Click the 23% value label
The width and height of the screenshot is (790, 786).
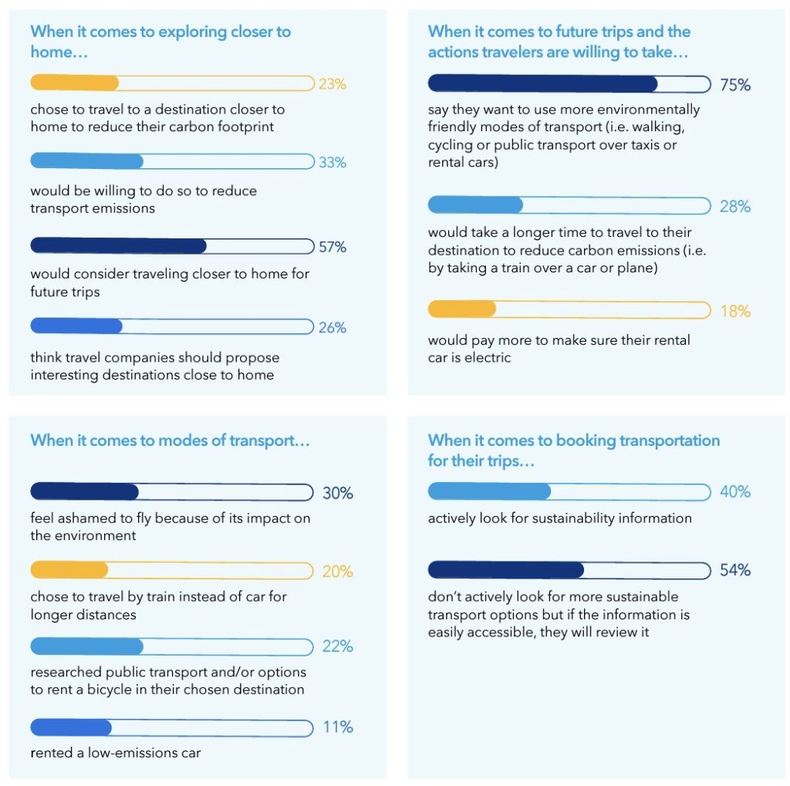(x=333, y=84)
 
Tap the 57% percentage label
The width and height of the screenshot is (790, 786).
(x=333, y=247)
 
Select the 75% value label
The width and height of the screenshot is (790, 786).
(x=734, y=85)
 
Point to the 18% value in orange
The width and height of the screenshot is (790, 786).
(x=734, y=311)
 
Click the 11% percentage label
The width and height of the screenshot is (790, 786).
(x=338, y=727)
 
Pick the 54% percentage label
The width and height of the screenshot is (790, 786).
(x=734, y=571)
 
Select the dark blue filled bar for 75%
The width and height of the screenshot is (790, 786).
(x=542, y=84)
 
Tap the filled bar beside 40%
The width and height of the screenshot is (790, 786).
(x=489, y=492)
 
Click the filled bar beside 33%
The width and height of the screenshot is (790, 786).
(x=86, y=162)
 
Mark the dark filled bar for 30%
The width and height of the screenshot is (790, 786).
(x=84, y=492)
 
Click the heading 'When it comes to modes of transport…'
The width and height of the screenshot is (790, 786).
(x=170, y=440)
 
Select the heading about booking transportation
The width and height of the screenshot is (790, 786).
(x=574, y=450)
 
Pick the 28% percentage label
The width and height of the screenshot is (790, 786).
(x=734, y=207)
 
